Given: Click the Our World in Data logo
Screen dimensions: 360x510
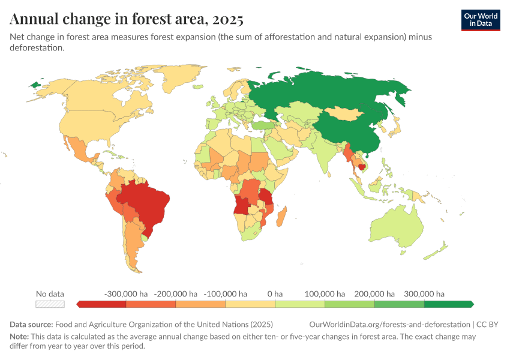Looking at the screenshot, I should coord(480,19).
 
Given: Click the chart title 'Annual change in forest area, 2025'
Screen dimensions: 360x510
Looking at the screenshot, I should coord(127,19).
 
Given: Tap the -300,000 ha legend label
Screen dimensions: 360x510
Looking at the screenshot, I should coord(126,294).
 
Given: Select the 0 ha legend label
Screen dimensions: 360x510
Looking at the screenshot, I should coord(275,294).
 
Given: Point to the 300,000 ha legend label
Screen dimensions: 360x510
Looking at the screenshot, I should coord(424,294).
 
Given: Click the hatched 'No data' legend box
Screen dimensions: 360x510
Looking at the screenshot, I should coord(50,304).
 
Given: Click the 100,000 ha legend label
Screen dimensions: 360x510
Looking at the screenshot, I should coord(325,294).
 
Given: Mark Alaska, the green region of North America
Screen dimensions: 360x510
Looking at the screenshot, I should coord(37,85).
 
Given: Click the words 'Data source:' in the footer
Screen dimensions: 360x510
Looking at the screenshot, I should coord(31,325).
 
